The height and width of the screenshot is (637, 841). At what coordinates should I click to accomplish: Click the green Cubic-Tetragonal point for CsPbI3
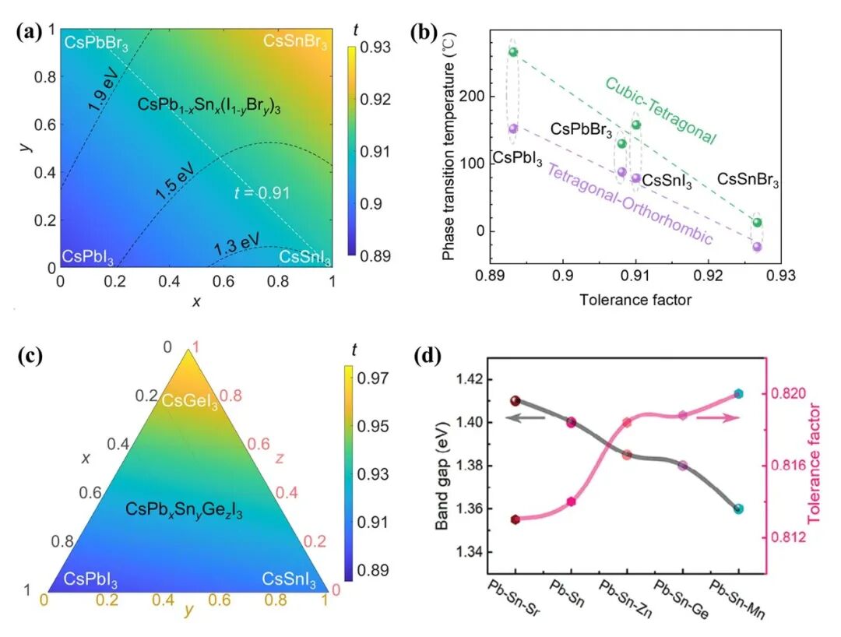513,52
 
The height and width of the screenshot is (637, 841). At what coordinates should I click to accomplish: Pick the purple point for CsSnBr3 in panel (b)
757,247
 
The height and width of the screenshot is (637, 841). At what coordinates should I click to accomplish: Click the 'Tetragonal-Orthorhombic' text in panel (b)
629,203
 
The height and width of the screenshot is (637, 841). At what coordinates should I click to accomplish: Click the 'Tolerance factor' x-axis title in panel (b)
635,300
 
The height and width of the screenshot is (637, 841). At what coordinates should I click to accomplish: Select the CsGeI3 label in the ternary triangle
188,400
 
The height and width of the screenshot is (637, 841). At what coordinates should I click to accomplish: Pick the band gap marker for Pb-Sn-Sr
515,401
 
